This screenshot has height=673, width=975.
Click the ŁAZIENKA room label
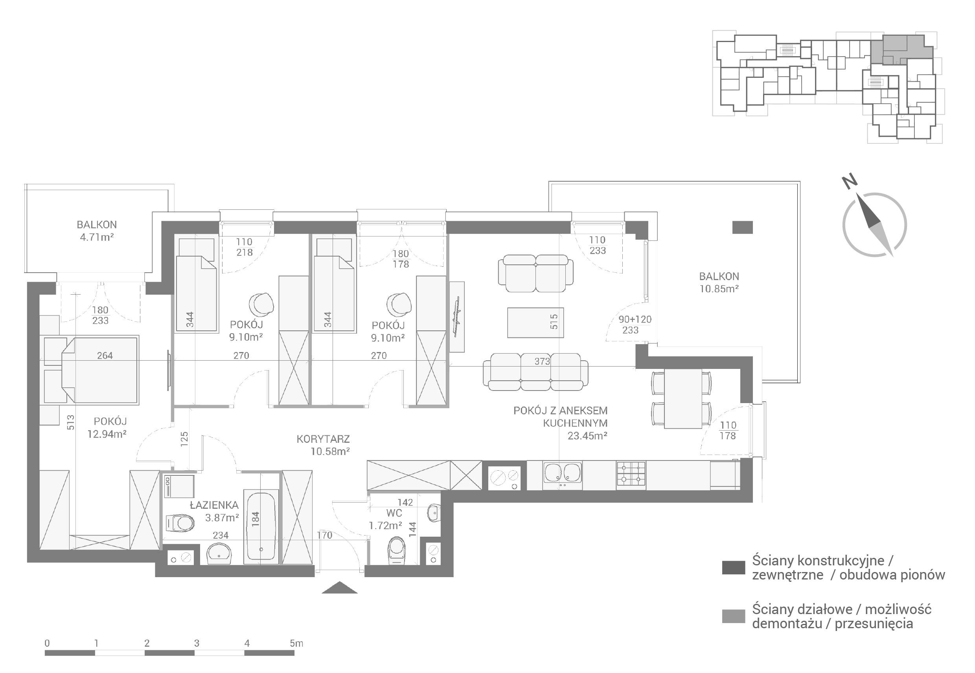214,505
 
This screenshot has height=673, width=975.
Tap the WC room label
394,513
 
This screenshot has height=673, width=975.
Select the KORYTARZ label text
323,439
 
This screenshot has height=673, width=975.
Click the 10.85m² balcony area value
719,289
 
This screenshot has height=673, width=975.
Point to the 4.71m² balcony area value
97,237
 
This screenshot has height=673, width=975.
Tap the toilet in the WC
397,550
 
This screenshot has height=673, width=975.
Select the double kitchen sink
562,476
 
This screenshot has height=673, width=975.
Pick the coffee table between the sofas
535,323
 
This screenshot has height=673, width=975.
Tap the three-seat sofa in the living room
535,371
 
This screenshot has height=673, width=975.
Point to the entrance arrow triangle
340,587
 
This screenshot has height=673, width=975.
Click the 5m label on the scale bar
296,643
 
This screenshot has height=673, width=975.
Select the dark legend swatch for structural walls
733,568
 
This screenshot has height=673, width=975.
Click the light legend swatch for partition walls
733,616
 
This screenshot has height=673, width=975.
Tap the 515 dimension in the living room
554,322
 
